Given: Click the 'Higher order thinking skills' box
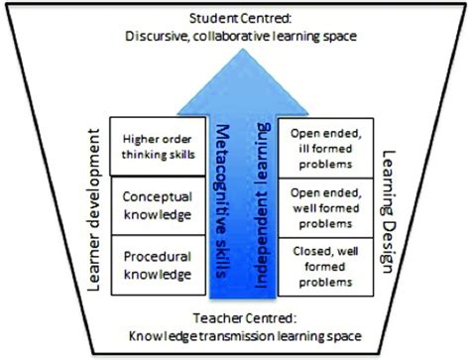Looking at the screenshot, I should click(x=156, y=146).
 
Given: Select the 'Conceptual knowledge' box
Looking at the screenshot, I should click(x=156, y=204).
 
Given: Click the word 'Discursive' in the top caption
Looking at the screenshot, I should click(x=155, y=38).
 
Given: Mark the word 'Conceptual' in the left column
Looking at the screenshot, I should click(x=156, y=196).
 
